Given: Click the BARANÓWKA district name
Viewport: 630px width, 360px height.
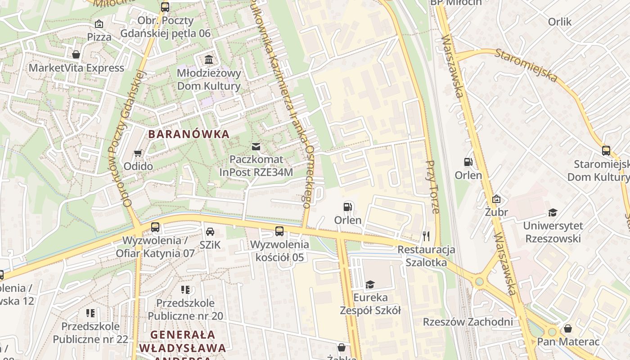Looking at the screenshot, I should (x=189, y=134).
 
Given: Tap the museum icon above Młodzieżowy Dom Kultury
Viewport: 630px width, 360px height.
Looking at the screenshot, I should (x=209, y=59).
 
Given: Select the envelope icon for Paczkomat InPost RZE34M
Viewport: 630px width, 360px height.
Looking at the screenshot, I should (x=256, y=146).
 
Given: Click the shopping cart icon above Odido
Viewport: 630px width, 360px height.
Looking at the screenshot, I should (x=138, y=153).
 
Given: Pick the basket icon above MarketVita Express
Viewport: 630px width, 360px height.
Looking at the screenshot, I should (x=76, y=54).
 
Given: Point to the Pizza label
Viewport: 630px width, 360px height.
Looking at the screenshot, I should (x=99, y=37).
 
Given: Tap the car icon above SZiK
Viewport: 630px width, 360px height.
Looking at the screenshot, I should (x=210, y=232).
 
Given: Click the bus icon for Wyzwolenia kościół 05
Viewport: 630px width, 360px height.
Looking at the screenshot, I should (x=279, y=231).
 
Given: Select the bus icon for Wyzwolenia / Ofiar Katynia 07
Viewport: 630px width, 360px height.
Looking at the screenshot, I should (x=155, y=227).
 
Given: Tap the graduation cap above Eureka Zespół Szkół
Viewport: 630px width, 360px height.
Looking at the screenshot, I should (x=370, y=284).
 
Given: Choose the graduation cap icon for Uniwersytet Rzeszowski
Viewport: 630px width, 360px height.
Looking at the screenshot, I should (x=553, y=212).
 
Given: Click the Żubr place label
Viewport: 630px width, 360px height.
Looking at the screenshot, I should (x=496, y=212).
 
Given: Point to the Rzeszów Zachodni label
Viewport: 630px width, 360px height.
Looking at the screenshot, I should (x=468, y=322).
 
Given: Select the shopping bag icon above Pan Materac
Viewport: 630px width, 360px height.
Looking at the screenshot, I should (x=568, y=328).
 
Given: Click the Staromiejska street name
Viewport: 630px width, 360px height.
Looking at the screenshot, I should (x=526, y=66).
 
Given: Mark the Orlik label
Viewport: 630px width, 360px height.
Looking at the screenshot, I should (x=559, y=22).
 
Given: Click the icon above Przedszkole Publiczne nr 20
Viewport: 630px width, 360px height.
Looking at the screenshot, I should (x=185, y=290).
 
